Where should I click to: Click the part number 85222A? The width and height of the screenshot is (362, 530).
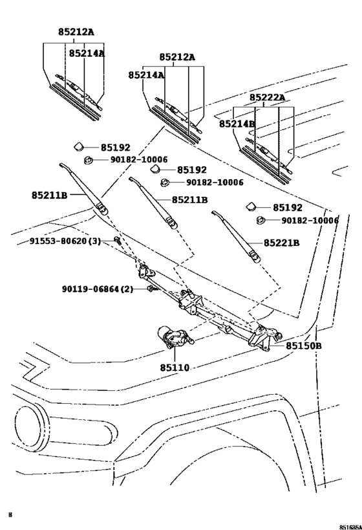[267, 97]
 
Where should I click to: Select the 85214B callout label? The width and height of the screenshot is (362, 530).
[237, 123]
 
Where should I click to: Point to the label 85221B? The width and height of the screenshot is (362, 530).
[281, 243]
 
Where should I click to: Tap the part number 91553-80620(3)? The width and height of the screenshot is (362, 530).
[65, 241]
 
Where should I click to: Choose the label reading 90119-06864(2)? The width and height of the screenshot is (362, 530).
[98, 289]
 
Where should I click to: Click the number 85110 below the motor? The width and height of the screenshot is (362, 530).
[175, 368]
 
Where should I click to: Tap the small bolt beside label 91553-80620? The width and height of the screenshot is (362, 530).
[117, 241]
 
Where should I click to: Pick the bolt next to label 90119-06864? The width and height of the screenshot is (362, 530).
[150, 288]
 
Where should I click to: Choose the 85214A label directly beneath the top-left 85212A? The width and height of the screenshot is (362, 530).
[87, 53]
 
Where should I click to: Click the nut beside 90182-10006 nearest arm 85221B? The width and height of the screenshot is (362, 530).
[262, 221]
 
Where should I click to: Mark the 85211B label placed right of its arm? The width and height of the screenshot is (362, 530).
[189, 200]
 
